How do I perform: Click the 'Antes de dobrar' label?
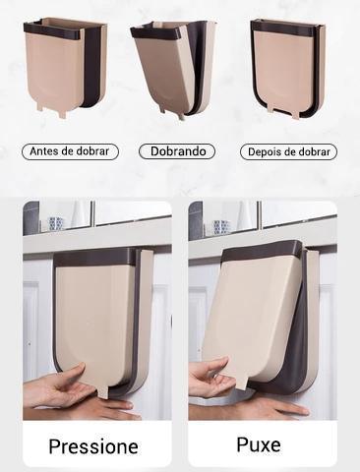click(x=69, y=151)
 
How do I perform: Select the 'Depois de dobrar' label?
click(x=289, y=151)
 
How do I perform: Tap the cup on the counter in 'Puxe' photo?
click(x=221, y=226)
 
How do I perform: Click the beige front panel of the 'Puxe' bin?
click(x=251, y=315)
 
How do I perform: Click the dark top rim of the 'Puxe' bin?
click(x=261, y=248)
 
